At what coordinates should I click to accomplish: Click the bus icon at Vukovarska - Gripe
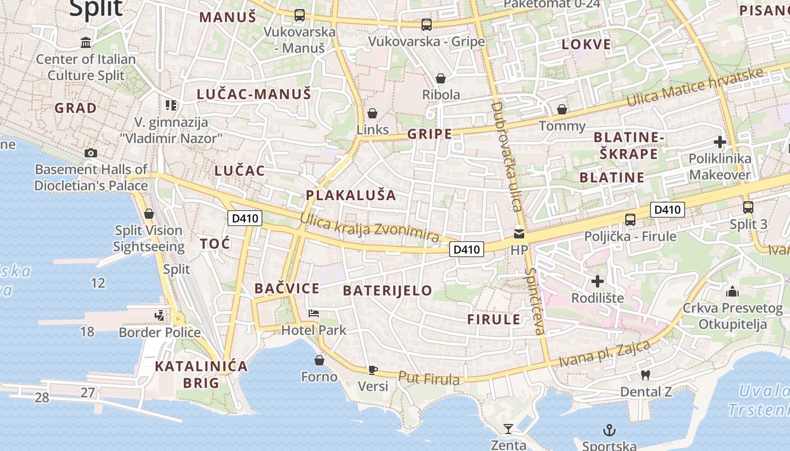click(426, 25)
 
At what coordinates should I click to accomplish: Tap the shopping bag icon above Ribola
click(440, 78)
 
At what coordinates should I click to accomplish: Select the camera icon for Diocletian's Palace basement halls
click(90, 153)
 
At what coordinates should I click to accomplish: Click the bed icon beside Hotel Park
click(314, 313)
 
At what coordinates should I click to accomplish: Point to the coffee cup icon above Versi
click(372, 370)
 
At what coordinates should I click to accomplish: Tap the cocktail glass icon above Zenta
click(508, 429)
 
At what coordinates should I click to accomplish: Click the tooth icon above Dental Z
click(646, 375)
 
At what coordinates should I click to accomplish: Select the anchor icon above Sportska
click(609, 431)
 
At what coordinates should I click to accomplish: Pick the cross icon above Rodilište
click(597, 281)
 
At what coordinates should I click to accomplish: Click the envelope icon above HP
click(519, 233)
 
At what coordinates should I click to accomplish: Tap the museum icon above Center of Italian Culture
click(86, 42)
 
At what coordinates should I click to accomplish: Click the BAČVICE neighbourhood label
click(287, 289)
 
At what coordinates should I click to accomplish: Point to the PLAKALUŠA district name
click(351, 196)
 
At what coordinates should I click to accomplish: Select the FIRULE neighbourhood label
click(494, 320)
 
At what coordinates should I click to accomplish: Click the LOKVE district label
click(586, 45)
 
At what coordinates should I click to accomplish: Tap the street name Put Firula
click(429, 378)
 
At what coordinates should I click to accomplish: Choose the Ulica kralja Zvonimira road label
click(370, 228)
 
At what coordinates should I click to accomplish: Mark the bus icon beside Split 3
click(748, 207)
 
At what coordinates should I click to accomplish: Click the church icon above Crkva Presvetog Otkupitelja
click(732, 291)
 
